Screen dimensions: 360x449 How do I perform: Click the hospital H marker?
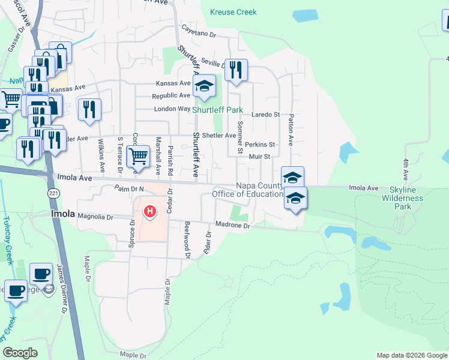pos(150,212)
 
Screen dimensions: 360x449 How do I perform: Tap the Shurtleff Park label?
pos(217,110)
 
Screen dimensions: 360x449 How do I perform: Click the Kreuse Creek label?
pos(234,12)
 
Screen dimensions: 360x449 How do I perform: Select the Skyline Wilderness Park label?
pos(402,198)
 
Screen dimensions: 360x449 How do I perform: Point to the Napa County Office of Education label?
pos(247,190)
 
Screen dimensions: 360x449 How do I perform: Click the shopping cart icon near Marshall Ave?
pos(138,157)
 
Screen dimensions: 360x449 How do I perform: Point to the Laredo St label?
pos(265,114)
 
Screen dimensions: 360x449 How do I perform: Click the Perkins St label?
pos(260,145)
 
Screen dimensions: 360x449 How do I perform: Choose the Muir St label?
pos(260,157)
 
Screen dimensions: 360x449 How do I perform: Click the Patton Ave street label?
pos(291,130)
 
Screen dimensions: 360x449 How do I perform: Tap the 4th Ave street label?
pos(406,167)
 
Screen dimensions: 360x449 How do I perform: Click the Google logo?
pos(20,353)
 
